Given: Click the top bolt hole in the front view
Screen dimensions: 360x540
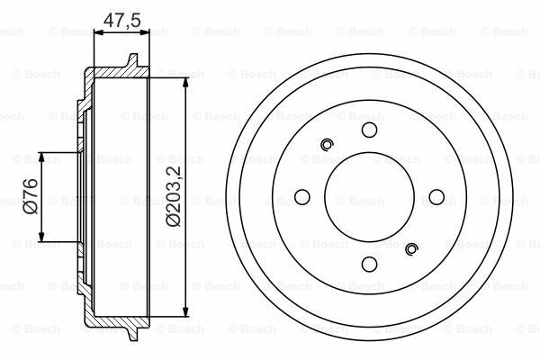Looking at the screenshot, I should pos(369,130).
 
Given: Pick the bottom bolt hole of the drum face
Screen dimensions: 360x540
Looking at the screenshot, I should pos(369,264).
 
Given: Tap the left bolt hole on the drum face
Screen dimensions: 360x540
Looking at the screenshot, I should pos(302,197).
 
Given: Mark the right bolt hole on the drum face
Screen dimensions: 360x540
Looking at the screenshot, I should pos(436,197).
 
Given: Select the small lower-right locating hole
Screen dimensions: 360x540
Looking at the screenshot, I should pos(411,250).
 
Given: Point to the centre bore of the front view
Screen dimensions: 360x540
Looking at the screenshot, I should pos(369,197).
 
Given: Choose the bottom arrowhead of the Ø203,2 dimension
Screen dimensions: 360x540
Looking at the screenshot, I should pos(186,312).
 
